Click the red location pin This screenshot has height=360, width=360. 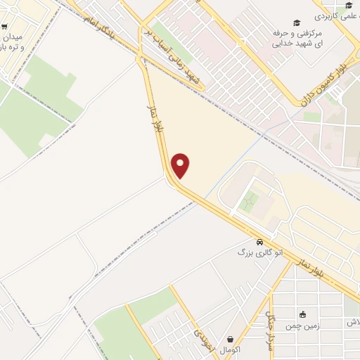(181, 165)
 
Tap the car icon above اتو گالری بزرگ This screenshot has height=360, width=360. (260, 240)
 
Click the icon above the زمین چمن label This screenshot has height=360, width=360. (303, 314)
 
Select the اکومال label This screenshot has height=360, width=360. (230, 349)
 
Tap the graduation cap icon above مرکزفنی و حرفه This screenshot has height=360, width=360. (297, 22)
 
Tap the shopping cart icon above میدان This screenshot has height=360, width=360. (5, 26)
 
